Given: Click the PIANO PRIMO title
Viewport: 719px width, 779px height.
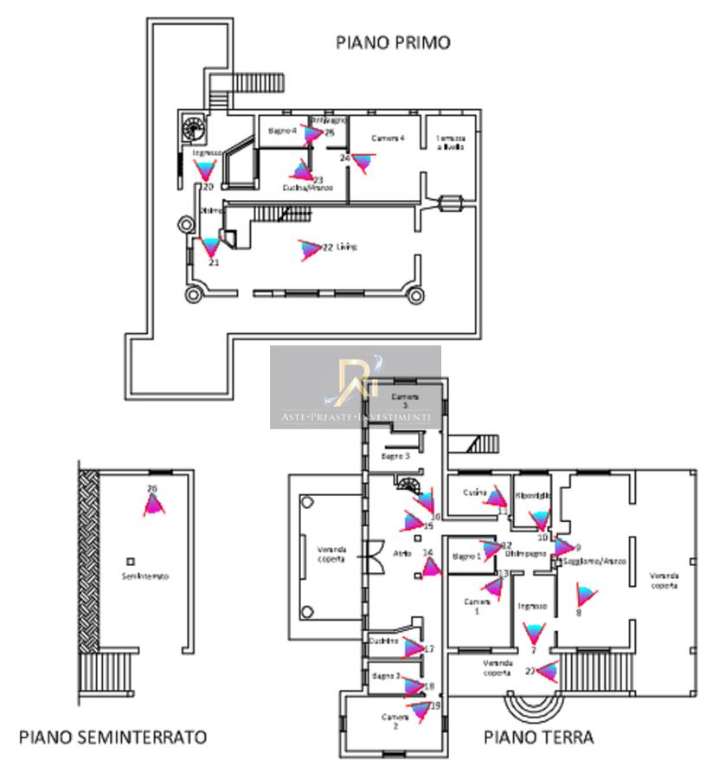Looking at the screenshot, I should tap(394, 42).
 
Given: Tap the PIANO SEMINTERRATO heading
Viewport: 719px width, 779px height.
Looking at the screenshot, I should tap(113, 737).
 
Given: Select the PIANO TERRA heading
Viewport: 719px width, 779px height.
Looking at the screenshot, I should tap(538, 737).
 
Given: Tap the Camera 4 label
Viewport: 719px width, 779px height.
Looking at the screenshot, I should tap(388, 138).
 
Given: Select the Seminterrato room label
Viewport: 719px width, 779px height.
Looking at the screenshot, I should tap(144, 576).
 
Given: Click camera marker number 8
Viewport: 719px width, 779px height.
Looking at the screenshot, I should tap(586, 596).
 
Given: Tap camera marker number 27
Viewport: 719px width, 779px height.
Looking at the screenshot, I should tap(545, 669).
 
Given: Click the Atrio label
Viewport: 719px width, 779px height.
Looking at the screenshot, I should tap(402, 554).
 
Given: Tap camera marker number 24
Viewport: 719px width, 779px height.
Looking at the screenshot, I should tap(362, 162).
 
